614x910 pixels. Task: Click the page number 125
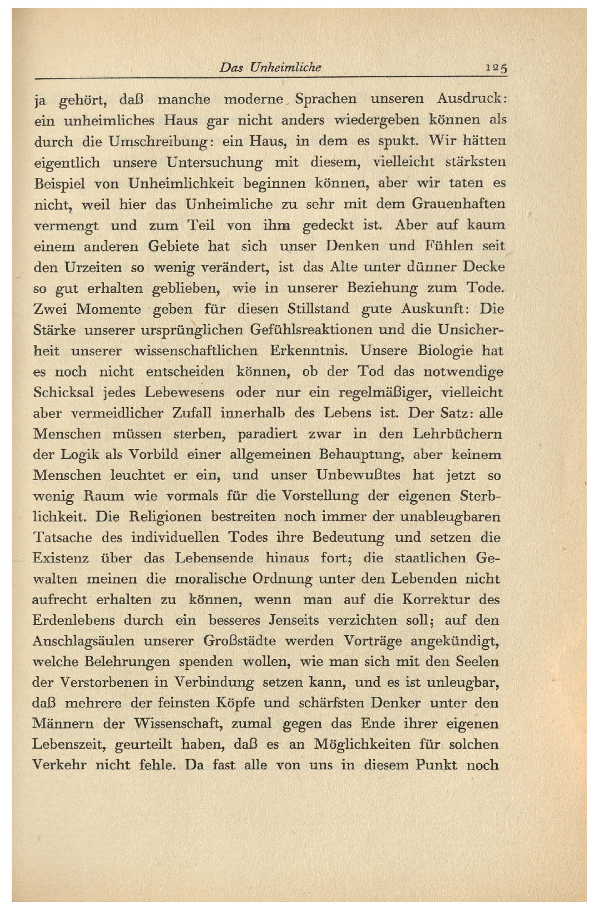[x=496, y=68]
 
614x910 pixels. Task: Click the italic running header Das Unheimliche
[x=270, y=68]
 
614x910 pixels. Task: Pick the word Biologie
[x=437, y=351]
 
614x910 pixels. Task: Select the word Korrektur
[x=435, y=600]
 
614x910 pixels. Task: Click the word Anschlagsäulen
[x=83, y=641]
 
